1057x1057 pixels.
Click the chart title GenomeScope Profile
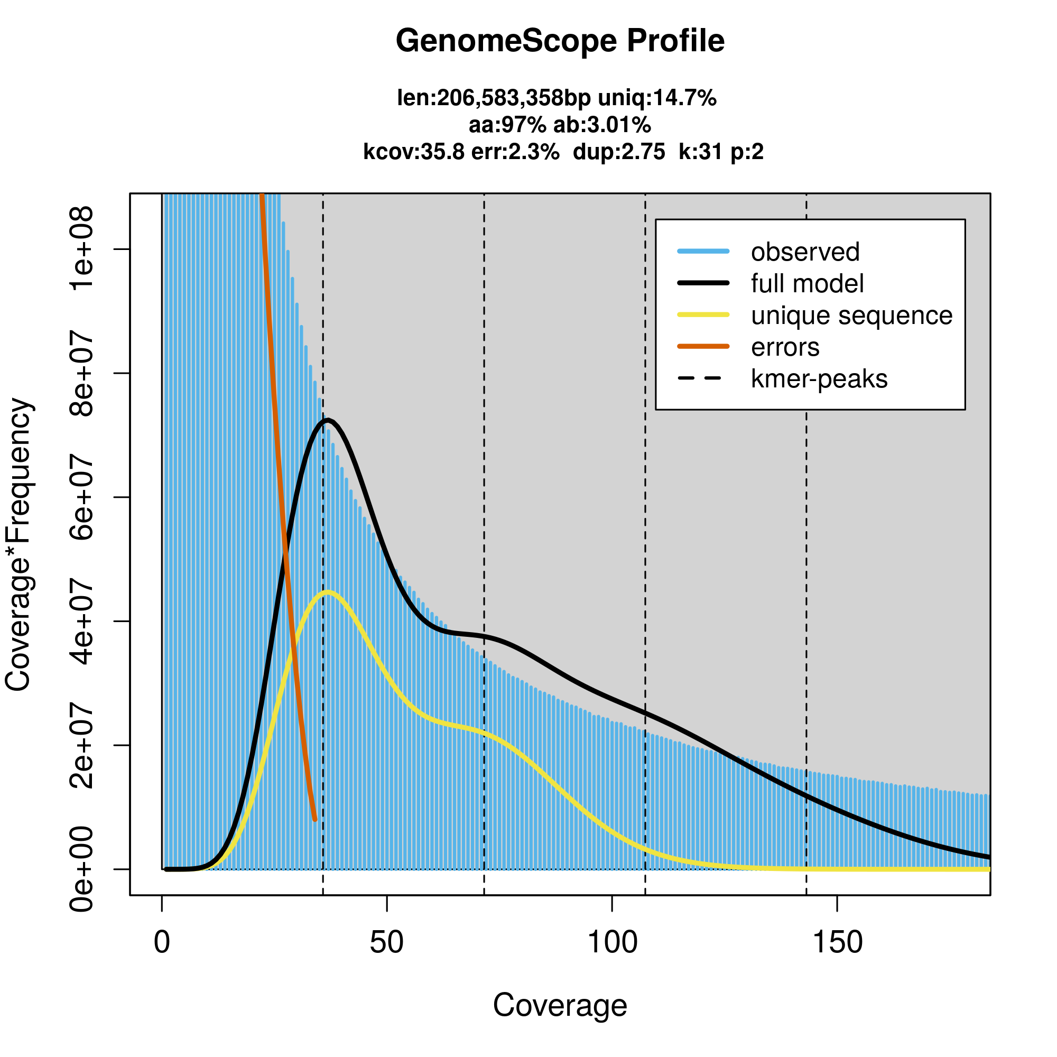click(560, 42)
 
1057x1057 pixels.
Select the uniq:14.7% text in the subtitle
click(657, 98)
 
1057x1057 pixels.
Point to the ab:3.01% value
click(602, 125)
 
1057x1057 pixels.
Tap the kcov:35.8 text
click(414, 152)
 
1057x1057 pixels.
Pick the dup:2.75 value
click(619, 152)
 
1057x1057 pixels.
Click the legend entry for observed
click(805, 252)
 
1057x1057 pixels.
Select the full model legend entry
click(807, 284)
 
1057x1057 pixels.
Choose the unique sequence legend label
click(851, 316)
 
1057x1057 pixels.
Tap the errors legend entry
click(785, 347)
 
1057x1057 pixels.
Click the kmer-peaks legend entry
click(819, 379)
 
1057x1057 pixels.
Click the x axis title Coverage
click(560, 1006)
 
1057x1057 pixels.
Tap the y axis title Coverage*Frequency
click(18, 545)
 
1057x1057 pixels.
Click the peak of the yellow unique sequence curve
click(328, 592)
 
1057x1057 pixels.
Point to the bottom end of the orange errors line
click(314, 820)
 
